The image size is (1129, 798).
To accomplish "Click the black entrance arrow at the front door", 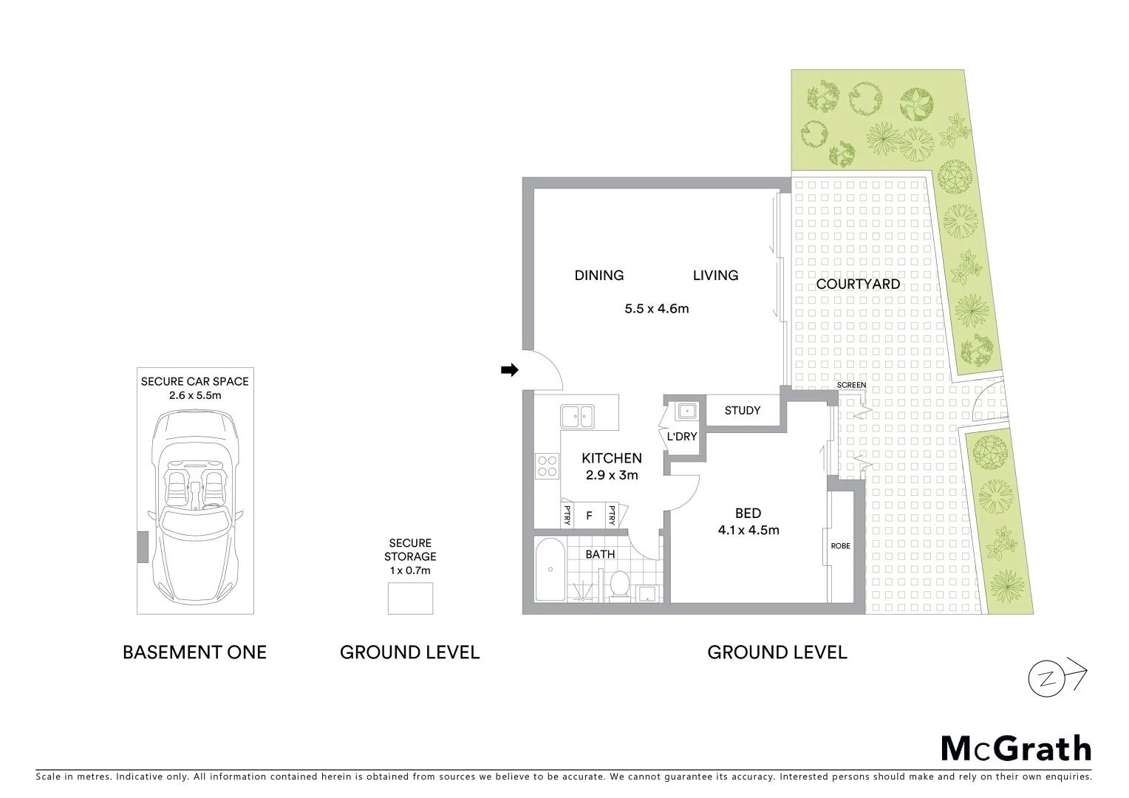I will [x=509, y=370].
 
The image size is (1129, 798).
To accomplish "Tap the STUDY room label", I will [x=742, y=411].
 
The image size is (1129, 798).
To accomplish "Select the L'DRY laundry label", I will [x=681, y=437].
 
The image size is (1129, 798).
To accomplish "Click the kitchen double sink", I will [x=576, y=416].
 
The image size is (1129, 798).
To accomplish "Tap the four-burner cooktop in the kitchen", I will [x=548, y=466].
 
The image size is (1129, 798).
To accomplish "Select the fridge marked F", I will [x=589, y=516].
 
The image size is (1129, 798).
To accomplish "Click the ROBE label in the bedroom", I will [x=840, y=546].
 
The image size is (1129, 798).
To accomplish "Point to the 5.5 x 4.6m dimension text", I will [x=656, y=309].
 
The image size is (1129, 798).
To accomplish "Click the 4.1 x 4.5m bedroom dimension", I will [x=748, y=530].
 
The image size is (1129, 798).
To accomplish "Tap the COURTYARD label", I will [x=858, y=284].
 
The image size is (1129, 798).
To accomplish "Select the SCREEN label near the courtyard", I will [x=851, y=385].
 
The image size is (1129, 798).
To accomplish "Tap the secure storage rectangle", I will [x=410, y=598].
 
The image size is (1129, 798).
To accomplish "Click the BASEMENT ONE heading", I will [x=194, y=652].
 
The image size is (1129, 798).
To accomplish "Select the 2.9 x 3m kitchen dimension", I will [x=611, y=475].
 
